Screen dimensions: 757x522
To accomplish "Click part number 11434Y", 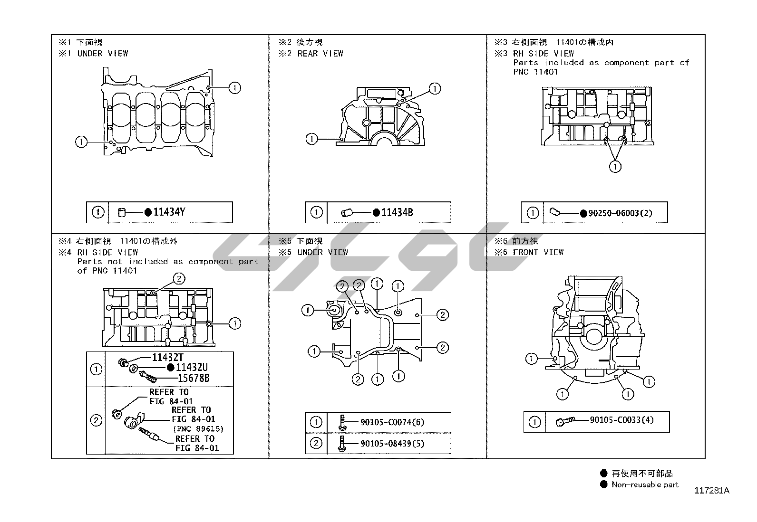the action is (x=169, y=212).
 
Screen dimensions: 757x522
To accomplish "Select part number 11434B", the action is (x=397, y=212).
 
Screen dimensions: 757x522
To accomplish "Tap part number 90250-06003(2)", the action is (x=620, y=213).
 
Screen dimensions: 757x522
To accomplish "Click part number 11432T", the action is (x=168, y=357).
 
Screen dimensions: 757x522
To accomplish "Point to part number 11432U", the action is (x=192, y=367).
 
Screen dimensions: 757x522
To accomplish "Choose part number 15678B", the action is (x=194, y=378).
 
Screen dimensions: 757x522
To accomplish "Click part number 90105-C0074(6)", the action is (x=392, y=422).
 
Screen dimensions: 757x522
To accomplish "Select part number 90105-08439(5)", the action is (x=392, y=443).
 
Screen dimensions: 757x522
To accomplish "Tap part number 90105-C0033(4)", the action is (x=622, y=420).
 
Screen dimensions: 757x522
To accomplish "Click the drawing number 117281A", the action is (x=712, y=491).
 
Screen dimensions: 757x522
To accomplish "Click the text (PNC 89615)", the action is (x=198, y=429).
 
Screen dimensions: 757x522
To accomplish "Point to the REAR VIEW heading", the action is (x=320, y=54).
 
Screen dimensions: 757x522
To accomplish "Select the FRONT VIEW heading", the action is (x=538, y=252).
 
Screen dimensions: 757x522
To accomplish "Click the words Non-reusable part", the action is (x=645, y=484).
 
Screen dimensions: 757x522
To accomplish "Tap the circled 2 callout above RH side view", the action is (x=179, y=278).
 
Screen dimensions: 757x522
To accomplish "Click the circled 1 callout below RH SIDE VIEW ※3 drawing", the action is (x=615, y=166).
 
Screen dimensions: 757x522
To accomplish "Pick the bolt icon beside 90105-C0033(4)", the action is (x=565, y=421).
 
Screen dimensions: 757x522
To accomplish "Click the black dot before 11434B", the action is (x=376, y=212).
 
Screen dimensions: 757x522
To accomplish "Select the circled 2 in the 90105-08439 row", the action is (x=316, y=443).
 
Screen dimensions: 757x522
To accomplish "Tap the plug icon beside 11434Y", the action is (x=122, y=212).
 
